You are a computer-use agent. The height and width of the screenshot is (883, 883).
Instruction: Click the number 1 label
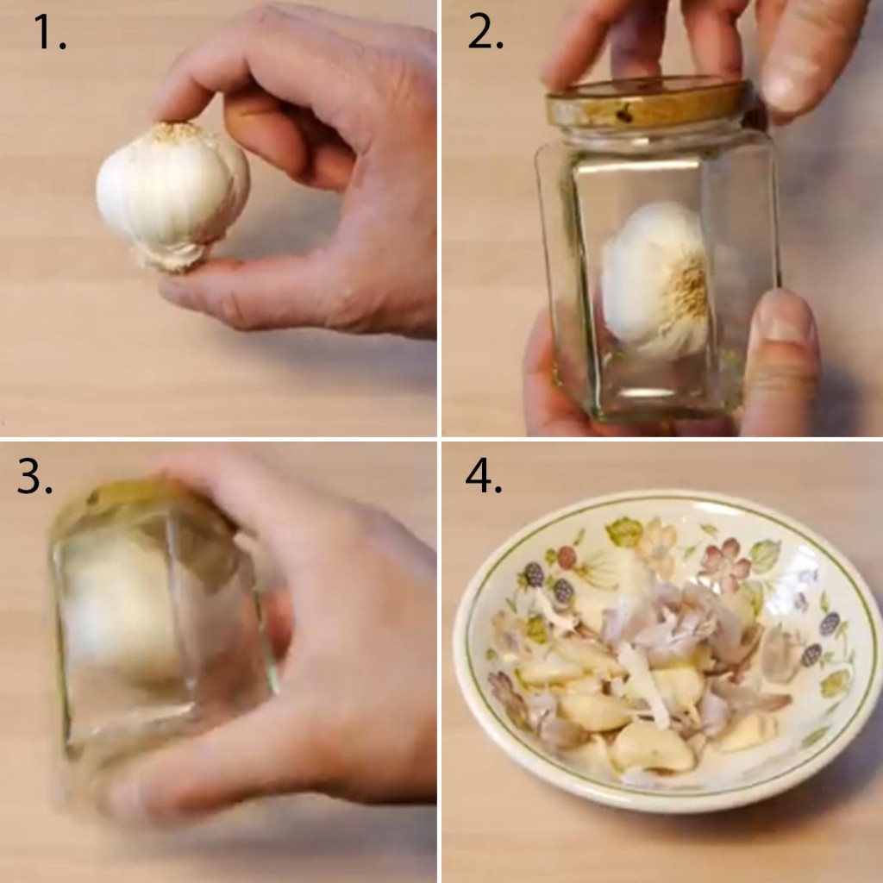point(49,32)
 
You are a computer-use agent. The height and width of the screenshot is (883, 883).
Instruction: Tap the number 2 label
point(485,32)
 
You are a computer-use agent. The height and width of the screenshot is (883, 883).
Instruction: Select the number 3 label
point(34,476)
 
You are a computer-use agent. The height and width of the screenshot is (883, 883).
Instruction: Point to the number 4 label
point(483,476)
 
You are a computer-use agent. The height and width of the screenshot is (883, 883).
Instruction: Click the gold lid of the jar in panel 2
point(648,103)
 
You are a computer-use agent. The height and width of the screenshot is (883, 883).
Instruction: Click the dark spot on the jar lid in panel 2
point(624,116)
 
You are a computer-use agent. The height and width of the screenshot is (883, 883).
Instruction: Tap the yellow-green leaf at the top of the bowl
point(624,532)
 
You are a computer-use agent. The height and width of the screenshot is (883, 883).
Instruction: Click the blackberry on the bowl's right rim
point(829,625)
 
